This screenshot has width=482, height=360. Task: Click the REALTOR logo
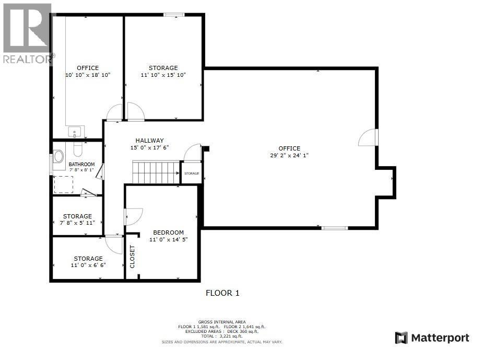pyautogui.click(x=27, y=34)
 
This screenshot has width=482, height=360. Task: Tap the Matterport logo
pyautogui.click(x=432, y=338)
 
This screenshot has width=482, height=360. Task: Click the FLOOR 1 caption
pyautogui.click(x=222, y=293)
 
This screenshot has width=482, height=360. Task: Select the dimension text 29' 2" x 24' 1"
pyautogui.click(x=289, y=155)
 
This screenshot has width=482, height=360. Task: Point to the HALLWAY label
pyautogui.click(x=150, y=141)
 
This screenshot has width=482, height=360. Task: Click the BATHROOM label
pyautogui.click(x=81, y=164)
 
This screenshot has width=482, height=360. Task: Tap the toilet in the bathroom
pyautogui.click(x=78, y=150)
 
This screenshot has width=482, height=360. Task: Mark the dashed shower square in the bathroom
pyautogui.click(x=64, y=184)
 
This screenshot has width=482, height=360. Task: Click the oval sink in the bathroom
pyautogui.click(x=58, y=156)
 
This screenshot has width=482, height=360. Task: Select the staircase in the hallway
pyautogui.click(x=156, y=172)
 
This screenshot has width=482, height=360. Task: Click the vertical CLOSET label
pyautogui.click(x=132, y=257)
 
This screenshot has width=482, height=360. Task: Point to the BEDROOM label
pyautogui.click(x=168, y=233)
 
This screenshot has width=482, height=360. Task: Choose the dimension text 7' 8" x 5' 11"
pyautogui.click(x=77, y=223)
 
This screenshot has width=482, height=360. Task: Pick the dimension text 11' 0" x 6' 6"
pyautogui.click(x=88, y=265)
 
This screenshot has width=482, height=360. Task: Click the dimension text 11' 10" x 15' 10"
pyautogui.click(x=163, y=75)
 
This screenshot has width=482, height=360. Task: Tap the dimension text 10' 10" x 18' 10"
pyautogui.click(x=88, y=75)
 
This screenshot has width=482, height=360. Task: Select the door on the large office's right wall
pyautogui.click(x=368, y=137)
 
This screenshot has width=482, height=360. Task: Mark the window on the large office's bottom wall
pyautogui.click(x=334, y=228)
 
